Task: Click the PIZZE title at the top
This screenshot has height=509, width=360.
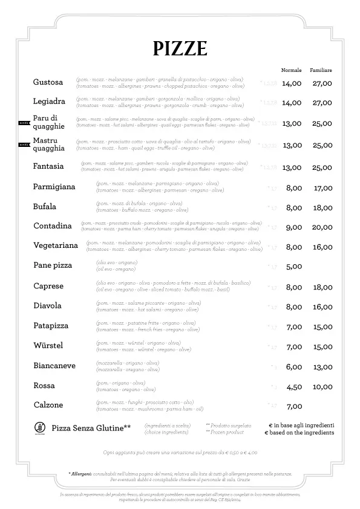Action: point(180,48)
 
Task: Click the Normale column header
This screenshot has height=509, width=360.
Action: point(291,71)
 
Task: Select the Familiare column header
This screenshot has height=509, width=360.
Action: point(321,71)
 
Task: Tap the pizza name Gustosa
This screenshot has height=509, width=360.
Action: point(48,82)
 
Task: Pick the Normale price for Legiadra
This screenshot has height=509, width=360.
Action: point(292,103)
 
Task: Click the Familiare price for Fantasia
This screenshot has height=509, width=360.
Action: point(322,167)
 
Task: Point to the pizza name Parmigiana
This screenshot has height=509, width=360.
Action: point(54,187)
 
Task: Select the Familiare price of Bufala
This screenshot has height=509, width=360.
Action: point(322,208)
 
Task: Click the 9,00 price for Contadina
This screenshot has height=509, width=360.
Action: point(293,227)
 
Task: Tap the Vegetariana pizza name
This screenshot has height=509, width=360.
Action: point(56,246)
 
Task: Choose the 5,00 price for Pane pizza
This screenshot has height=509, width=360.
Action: point(293,267)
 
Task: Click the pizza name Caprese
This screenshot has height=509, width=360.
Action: point(48,286)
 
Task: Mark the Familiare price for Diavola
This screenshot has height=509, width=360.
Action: point(322,307)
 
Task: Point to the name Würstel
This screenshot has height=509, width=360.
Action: point(48,345)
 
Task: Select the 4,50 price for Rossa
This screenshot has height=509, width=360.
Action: point(293,387)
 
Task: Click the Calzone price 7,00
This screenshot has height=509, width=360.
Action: point(293,406)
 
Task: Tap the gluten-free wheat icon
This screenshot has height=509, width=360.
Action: point(38,429)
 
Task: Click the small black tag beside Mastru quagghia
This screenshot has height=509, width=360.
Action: point(24,145)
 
